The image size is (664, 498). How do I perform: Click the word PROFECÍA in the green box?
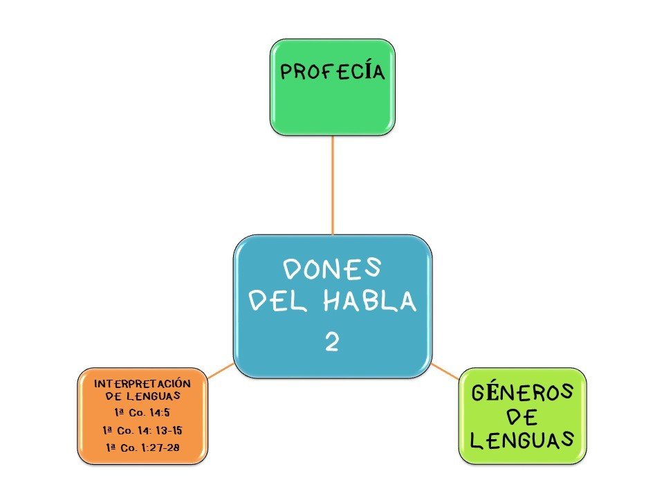coord(332,71)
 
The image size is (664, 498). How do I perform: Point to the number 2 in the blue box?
coord(332,342)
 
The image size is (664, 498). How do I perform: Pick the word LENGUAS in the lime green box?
coord(522,439)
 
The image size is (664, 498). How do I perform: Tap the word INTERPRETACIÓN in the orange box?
coord(142,382)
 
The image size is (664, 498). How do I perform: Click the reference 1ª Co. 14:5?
coord(142,413)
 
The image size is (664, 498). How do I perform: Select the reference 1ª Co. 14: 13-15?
coord(142,430)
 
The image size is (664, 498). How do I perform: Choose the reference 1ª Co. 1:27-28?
coord(142,448)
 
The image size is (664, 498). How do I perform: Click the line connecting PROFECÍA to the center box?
coord(333,183)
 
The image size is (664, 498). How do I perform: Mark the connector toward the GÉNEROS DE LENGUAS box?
coord(445,371)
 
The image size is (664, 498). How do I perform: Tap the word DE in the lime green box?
coord(522,416)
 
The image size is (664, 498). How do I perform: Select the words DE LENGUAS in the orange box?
coord(142,396)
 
